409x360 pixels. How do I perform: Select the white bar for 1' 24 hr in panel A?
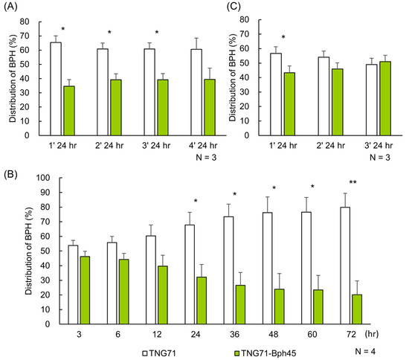(x=56, y=89)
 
